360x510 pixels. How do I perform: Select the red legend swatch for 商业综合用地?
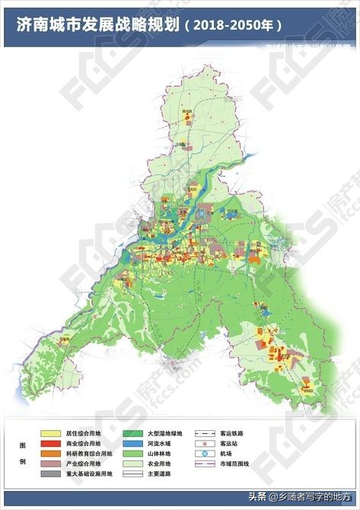tap(51, 443)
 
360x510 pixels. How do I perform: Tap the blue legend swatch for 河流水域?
tap(133, 443)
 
